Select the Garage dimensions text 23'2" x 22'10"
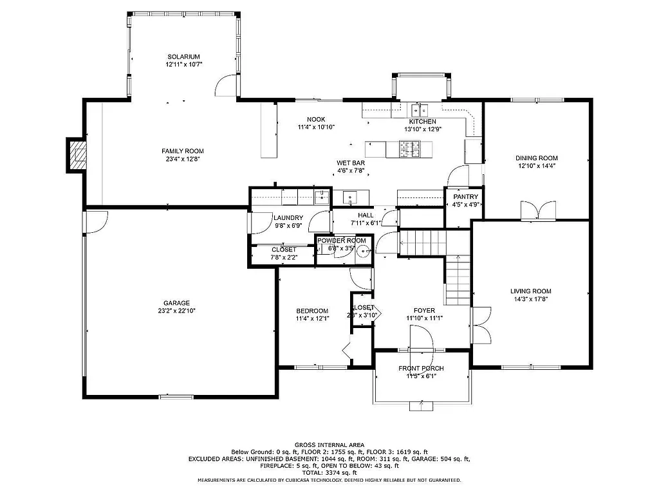click(x=176, y=311)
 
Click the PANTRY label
click(x=465, y=197)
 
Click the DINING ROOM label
click(x=536, y=158)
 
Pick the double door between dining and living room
click(x=538, y=210)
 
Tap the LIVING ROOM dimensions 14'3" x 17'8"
click(x=531, y=299)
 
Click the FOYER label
click(x=424, y=310)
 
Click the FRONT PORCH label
click(x=421, y=369)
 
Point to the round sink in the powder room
click(x=362, y=251)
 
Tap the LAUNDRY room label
click(x=288, y=218)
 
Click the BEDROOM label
click(x=312, y=311)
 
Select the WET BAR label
click(x=351, y=163)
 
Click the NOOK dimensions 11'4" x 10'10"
click(x=315, y=127)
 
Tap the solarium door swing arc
click(x=225, y=85)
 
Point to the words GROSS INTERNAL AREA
click(x=329, y=445)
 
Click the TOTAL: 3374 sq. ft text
click(x=329, y=473)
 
